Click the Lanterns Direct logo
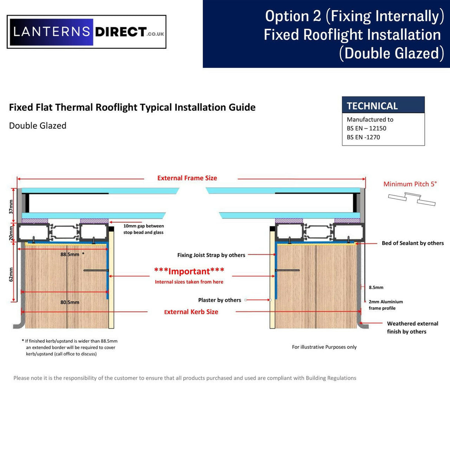point(86,32)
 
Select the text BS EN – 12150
point(366,128)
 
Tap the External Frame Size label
point(187,178)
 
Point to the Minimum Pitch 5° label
point(410,184)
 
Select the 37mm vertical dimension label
point(11,206)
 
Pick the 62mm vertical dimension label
point(11,274)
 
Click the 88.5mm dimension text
point(70,254)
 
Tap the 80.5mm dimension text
point(70,302)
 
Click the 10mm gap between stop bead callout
point(143,229)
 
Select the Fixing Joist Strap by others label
point(211,255)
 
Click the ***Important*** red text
point(189,271)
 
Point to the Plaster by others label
point(219,300)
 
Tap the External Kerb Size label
point(191,312)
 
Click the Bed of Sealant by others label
point(412,243)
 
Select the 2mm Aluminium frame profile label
point(386,305)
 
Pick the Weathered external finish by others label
point(412,327)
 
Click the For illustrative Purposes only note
point(324,347)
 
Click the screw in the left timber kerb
point(96,270)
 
